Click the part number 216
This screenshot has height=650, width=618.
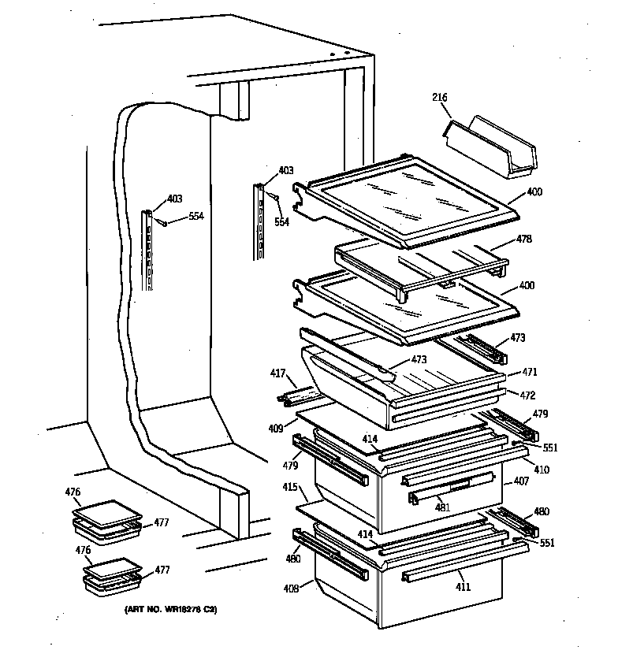coord(439,98)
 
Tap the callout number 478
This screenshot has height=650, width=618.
coord(523,239)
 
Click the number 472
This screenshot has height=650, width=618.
coord(529,394)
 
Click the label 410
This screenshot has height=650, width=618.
coord(542,470)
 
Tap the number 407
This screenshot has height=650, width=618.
coord(520,481)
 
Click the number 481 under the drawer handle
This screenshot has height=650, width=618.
coord(443,507)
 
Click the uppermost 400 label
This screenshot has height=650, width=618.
coord(534,192)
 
